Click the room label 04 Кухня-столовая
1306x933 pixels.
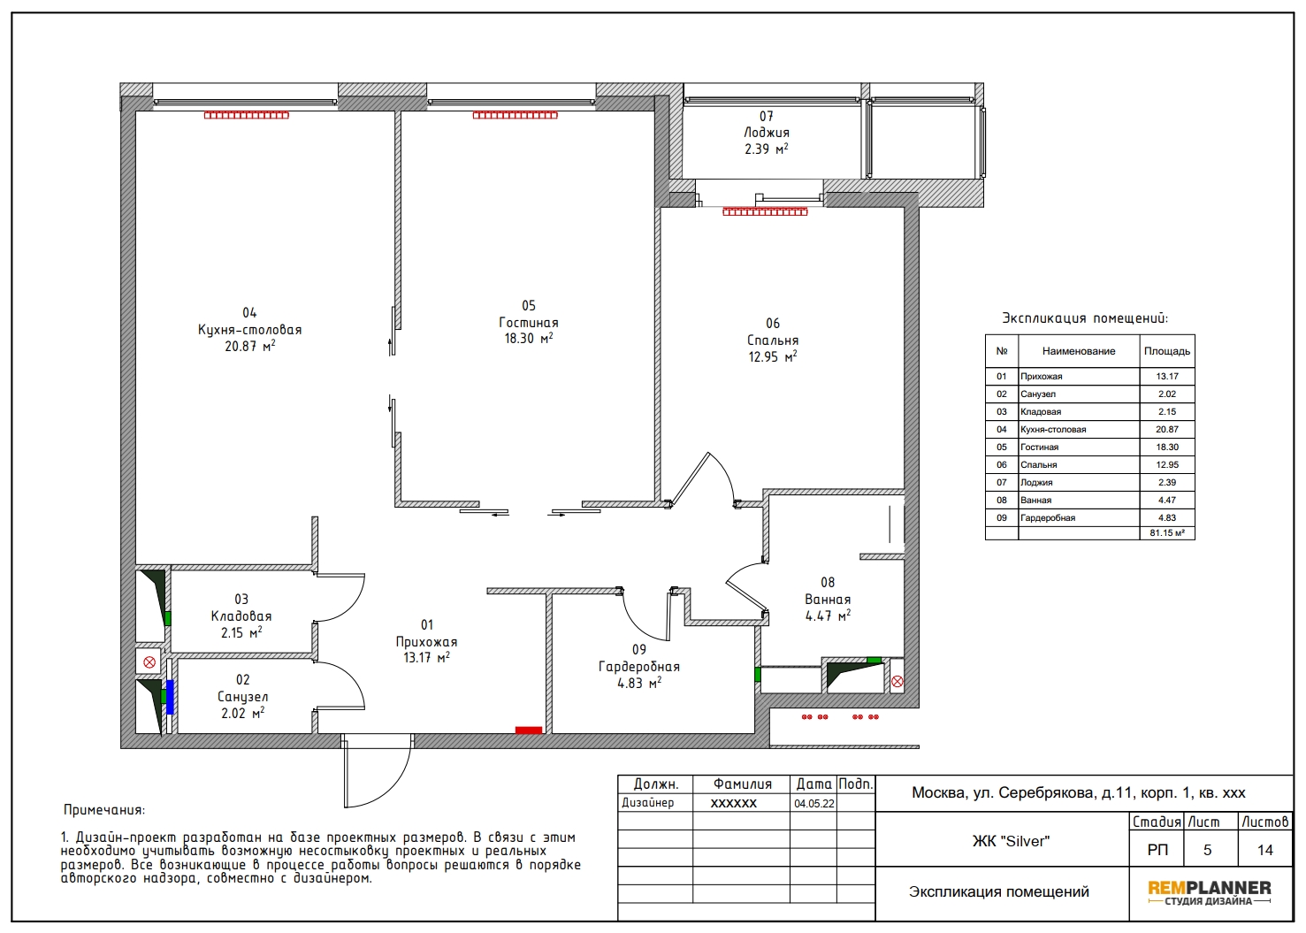tap(249, 330)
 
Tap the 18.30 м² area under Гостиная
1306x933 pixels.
tap(528, 338)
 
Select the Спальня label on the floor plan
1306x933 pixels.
tap(773, 340)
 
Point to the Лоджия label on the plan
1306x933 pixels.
tap(766, 133)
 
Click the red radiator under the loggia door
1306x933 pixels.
tap(765, 211)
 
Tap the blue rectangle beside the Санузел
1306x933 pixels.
tap(171, 697)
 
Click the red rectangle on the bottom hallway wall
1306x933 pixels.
tap(529, 730)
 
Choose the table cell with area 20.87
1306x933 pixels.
tap(1166, 429)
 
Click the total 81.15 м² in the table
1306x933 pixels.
tap(1166, 533)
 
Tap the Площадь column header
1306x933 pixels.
tap(1166, 351)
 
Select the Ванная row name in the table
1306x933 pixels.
tap(1036, 501)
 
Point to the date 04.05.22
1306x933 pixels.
tap(813, 804)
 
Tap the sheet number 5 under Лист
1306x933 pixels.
tap(1208, 850)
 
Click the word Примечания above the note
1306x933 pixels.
tap(104, 810)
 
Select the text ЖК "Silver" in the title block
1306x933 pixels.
tap(1011, 841)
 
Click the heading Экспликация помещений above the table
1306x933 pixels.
tap(1085, 318)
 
